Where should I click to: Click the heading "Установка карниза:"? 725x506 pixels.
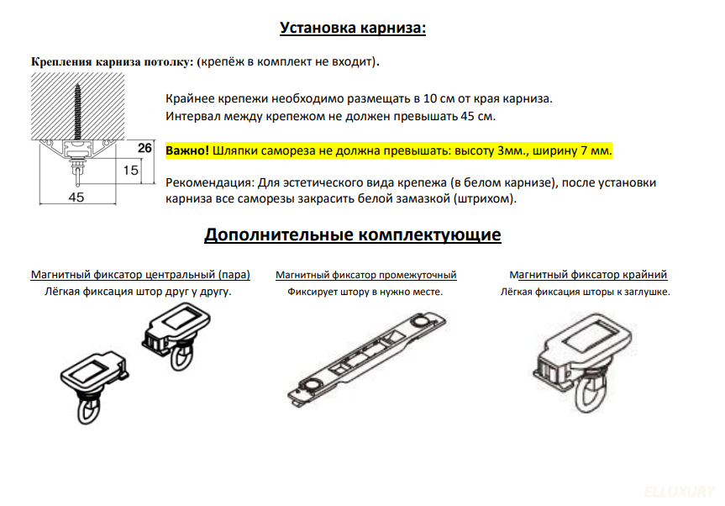point(353,28)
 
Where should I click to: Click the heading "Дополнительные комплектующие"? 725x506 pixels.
point(353,235)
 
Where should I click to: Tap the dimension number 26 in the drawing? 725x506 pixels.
point(144,148)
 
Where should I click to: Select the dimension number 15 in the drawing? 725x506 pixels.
point(129,170)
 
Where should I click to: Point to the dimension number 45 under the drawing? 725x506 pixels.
point(76,198)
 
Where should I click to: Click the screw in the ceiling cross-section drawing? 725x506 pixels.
point(77,109)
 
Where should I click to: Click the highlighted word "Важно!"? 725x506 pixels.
point(187,150)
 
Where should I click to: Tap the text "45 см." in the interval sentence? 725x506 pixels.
point(476,115)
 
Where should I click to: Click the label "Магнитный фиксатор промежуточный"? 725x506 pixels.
point(365,275)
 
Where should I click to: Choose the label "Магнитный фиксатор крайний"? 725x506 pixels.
point(588,275)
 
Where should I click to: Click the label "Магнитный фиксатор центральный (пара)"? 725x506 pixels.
point(140,275)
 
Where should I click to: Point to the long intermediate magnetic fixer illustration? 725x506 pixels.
point(366,359)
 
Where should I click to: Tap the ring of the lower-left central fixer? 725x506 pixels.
point(91,412)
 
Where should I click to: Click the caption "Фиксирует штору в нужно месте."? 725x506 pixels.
point(365,292)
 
